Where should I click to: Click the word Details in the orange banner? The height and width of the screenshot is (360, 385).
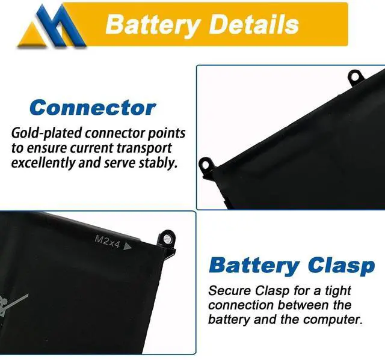click(x=251, y=25)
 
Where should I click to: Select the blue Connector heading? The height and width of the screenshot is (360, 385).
click(x=93, y=108)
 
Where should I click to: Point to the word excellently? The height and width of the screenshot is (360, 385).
click(x=46, y=163)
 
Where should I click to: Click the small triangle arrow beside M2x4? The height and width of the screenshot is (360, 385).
click(x=127, y=244)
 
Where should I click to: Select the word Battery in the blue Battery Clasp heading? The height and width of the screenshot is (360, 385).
click(x=253, y=265)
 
